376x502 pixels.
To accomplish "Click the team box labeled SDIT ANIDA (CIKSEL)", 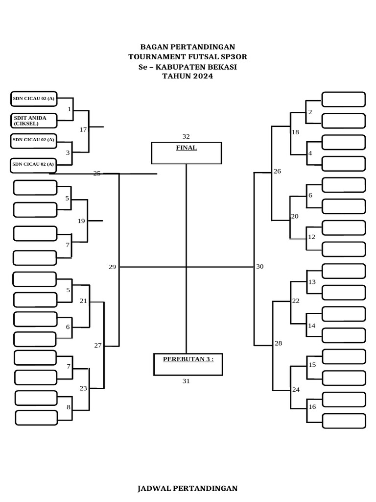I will pos(34,120).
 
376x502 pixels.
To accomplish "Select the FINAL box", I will pos(187,153).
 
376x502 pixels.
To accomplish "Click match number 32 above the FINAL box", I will pos(186,136).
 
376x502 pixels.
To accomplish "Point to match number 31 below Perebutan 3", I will pos(186,381).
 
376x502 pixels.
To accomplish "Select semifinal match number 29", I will pos(112,267).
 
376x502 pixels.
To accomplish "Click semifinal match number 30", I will pos(259,267).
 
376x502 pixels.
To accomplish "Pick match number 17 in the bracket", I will pos(83,130).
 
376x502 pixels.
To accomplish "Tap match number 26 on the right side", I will pos(278,171).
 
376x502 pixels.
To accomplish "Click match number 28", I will pos(278,343).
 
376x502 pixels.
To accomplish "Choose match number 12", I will pos(311,237).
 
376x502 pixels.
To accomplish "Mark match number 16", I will pos(312,407).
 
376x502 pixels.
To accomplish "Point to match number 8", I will pos(69,407).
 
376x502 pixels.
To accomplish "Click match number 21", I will pos(83,301).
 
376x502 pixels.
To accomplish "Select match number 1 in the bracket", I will pos(69,109).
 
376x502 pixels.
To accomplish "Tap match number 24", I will pos(296,390).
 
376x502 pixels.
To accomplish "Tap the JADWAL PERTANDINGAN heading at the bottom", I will pos(188,488).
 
